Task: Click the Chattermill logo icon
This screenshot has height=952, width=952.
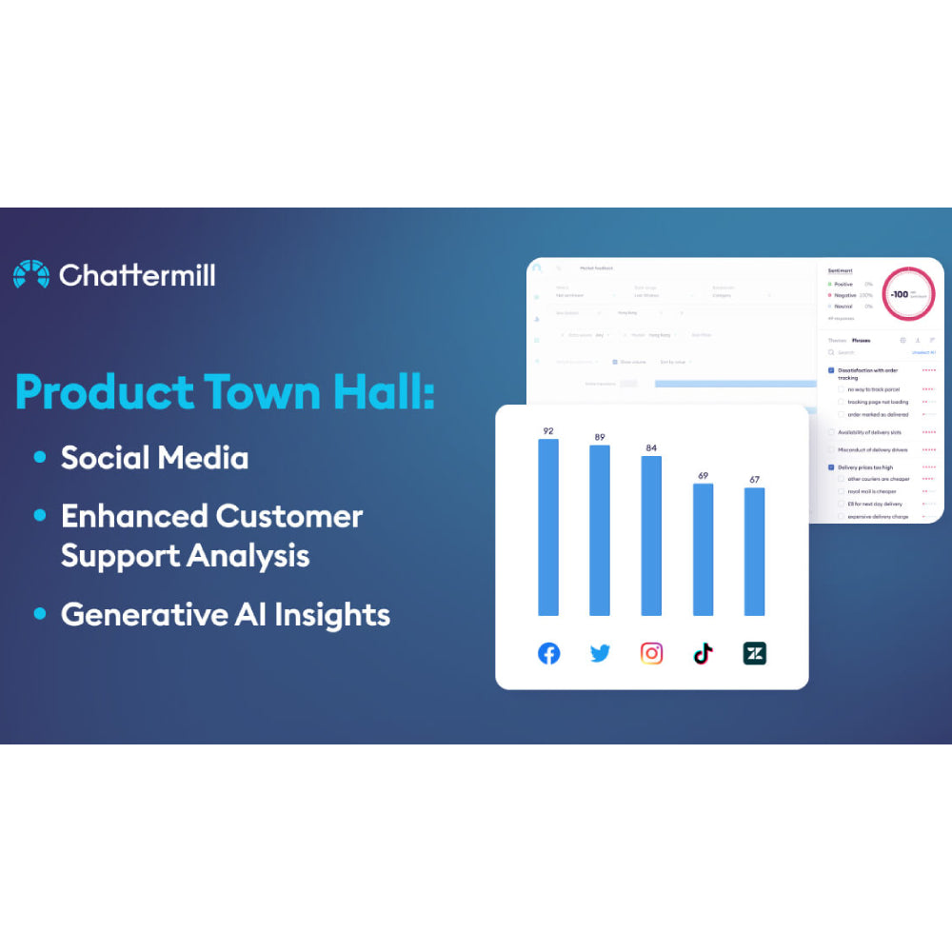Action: point(30,274)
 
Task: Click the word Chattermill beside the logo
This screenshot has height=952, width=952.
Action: point(137,275)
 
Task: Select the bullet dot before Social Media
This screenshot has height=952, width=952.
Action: point(39,458)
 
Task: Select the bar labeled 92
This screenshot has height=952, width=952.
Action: point(548,527)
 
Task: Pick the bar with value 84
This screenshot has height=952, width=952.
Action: point(651,536)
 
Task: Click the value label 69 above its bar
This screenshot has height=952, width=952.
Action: point(703,475)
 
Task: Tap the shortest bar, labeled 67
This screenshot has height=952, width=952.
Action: point(754,551)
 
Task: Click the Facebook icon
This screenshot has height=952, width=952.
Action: point(549,653)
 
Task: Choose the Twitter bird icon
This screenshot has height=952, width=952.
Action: point(600,653)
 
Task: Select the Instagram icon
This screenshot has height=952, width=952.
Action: point(651,653)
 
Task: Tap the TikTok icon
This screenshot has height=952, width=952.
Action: point(703,653)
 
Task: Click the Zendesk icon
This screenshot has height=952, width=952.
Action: point(754,653)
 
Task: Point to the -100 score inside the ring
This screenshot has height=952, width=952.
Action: point(899,294)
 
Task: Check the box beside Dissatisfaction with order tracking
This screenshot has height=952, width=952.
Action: point(831,370)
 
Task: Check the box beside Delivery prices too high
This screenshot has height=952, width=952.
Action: point(831,467)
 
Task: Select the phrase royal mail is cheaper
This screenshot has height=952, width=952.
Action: point(871,492)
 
